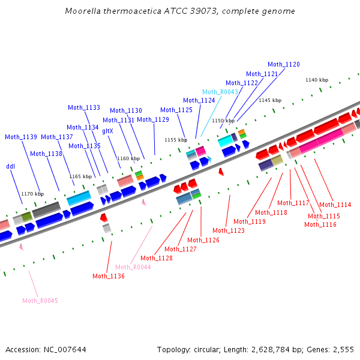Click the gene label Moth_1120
(284, 64)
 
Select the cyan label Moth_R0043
(220, 92)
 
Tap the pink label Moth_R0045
(40, 301)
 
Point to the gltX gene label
(107, 131)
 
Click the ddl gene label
(10, 166)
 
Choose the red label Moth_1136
(109, 276)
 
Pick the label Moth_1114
(335, 205)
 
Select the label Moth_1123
(229, 230)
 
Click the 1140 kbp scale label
(317, 80)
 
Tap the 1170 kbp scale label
(32, 194)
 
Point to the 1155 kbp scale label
(176, 140)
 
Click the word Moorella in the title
(82, 11)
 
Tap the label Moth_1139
(21, 137)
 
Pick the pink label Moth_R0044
(133, 267)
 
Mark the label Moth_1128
(157, 258)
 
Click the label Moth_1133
(84, 108)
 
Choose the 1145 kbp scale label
(270, 100)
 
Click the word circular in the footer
(208, 349)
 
